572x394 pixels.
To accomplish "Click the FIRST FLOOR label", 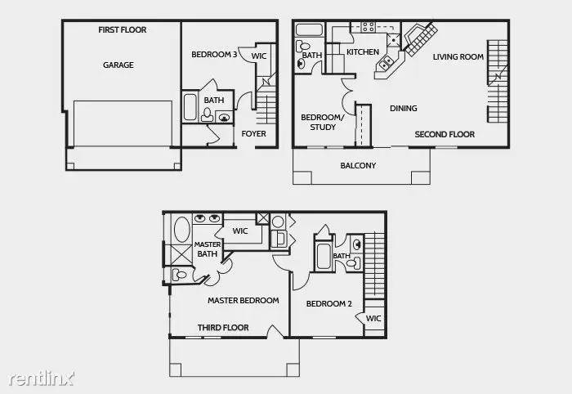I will click(122, 30).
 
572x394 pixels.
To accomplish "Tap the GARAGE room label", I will click(118, 65).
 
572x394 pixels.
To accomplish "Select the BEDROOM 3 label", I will click(215, 56).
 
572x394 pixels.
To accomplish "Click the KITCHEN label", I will click(363, 53).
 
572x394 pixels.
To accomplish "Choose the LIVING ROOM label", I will click(458, 57).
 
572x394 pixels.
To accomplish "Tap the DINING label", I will click(403, 109).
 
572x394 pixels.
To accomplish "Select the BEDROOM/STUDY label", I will click(318, 122).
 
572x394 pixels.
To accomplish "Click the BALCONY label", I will click(358, 166).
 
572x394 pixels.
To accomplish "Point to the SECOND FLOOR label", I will click(445, 134).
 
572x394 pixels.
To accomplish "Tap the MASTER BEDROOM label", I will click(243, 301).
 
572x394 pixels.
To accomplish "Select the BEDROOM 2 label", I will click(328, 304).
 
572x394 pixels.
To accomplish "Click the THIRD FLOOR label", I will click(223, 328).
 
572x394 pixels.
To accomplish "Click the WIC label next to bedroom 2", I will click(373, 319).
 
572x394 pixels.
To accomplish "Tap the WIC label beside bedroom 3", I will click(259, 56).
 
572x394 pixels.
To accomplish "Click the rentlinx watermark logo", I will click(41, 378).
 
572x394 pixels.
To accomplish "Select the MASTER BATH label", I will click(208, 249).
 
